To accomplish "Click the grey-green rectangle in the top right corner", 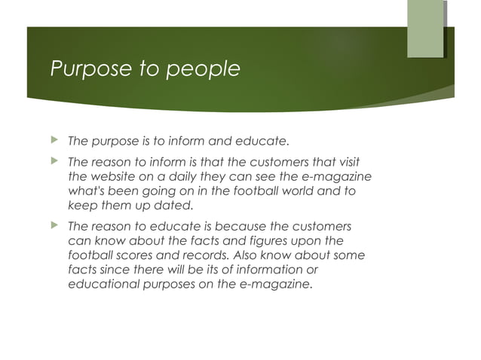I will [x=425, y=29].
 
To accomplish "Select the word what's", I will [x=90, y=191].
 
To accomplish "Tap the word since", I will [x=116, y=270].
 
